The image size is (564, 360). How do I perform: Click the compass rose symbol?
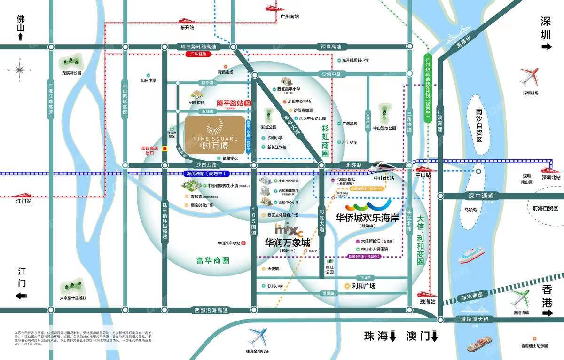(x=20, y=70)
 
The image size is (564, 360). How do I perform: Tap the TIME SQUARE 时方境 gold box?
(x=215, y=135)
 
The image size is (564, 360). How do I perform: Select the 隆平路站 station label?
(x=230, y=102)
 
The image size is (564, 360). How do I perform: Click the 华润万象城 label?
(x=288, y=243)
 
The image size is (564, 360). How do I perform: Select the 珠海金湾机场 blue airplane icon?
(x=258, y=337)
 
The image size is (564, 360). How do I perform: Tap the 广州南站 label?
(x=289, y=16)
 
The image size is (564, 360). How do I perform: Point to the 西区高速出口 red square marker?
(x=165, y=149)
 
